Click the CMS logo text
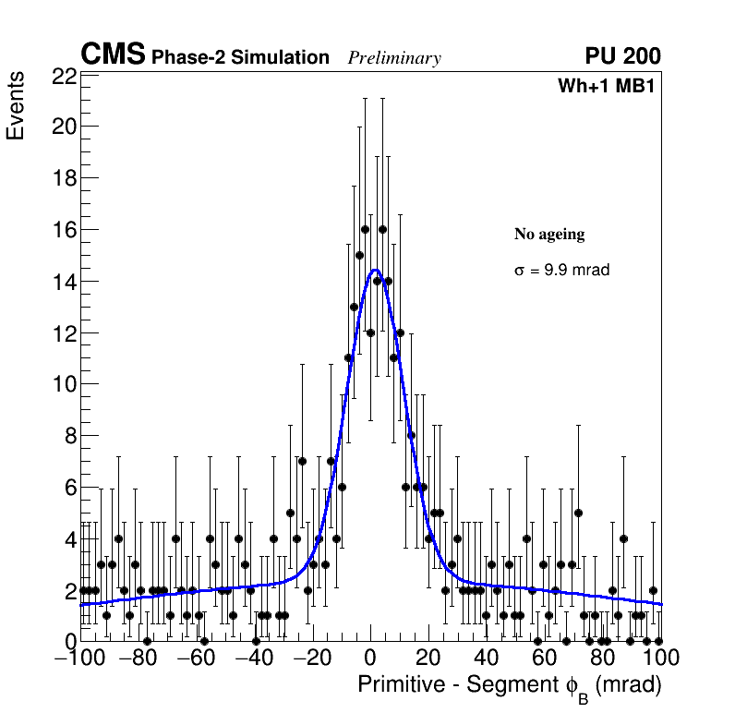click(113, 55)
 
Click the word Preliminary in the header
click(394, 58)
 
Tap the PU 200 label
click(622, 56)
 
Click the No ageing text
click(549, 235)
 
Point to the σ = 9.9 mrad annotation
click(561, 271)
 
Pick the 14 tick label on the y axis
click(63, 282)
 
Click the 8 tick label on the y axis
click(69, 436)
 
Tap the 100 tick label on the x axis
click(659, 659)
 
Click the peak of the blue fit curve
click(375, 270)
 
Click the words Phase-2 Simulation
click(240, 57)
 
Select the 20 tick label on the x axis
click(428, 659)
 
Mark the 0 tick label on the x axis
click(370, 659)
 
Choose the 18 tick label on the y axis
click(63, 178)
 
